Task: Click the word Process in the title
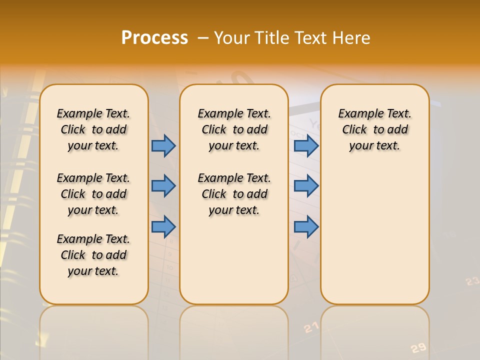[154, 38]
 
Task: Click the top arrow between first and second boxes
[163, 145]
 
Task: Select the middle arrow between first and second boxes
[163, 186]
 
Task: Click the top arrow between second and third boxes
[306, 145]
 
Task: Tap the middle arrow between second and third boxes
[306, 186]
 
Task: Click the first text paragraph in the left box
[93, 129]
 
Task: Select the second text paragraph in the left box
[93, 194]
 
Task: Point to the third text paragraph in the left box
[93, 255]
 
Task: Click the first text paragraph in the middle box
[234, 129]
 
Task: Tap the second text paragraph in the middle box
[234, 194]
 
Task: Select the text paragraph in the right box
[374, 129]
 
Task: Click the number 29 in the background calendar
[418, 348]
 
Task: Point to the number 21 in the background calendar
[311, 327]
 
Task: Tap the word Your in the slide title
[232, 38]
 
